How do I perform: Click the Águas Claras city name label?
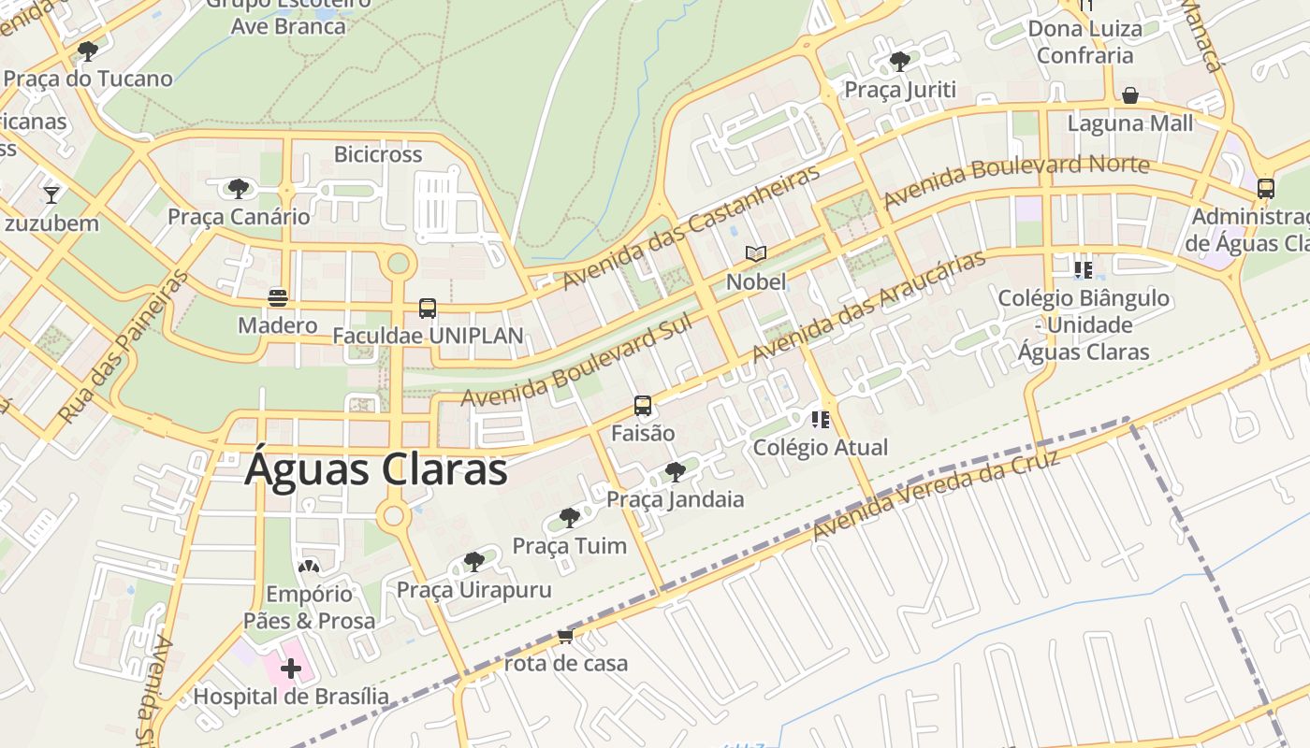pos(375,469)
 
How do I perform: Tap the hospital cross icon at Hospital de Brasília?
pos(291,668)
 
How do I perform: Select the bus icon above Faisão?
pos(643,406)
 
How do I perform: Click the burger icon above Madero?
pos(277,297)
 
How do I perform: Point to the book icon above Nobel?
pos(756,253)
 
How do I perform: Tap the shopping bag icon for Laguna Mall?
pos(1130,95)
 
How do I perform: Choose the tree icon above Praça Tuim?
pos(569,518)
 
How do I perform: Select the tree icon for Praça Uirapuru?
pos(474,562)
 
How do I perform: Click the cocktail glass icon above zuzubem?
pos(51,194)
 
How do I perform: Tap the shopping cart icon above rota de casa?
pos(565,637)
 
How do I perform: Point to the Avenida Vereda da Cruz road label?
pos(936,496)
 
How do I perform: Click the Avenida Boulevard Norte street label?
pos(1016,180)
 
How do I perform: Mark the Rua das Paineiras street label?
pos(123,346)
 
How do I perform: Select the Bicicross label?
pos(378,154)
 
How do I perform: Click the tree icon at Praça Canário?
pos(239,189)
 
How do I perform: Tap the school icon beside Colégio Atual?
pos(821,419)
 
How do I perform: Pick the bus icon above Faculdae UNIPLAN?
pos(428,309)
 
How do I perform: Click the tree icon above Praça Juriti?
pos(900,62)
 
